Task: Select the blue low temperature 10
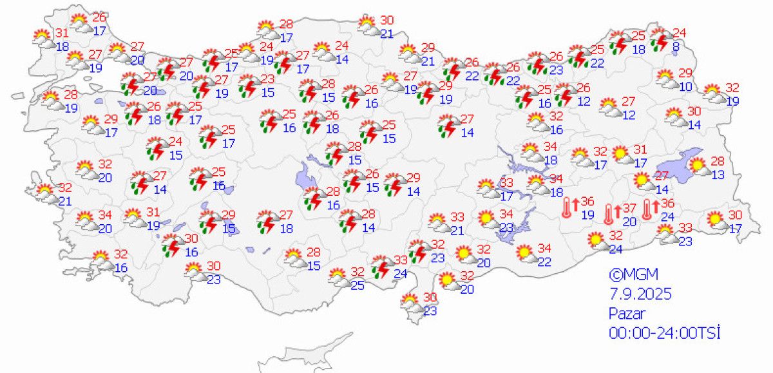click(685, 86)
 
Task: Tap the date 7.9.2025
click(640, 294)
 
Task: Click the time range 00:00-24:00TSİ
click(663, 332)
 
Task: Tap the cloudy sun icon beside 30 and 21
click(368, 26)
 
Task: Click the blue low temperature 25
click(358, 285)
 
